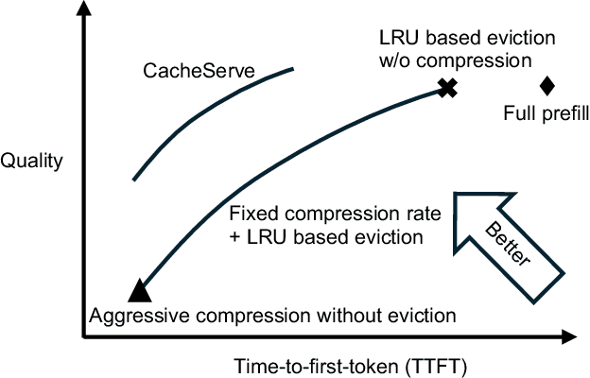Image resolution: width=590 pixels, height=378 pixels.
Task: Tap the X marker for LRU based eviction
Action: point(447,88)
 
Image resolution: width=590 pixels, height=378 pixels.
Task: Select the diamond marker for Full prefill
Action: point(547,86)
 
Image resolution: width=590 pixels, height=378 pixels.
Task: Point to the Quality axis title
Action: point(32,160)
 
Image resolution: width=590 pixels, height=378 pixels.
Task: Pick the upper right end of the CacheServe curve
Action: point(292,69)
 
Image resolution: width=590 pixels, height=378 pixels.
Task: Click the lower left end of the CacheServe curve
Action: point(133,179)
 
